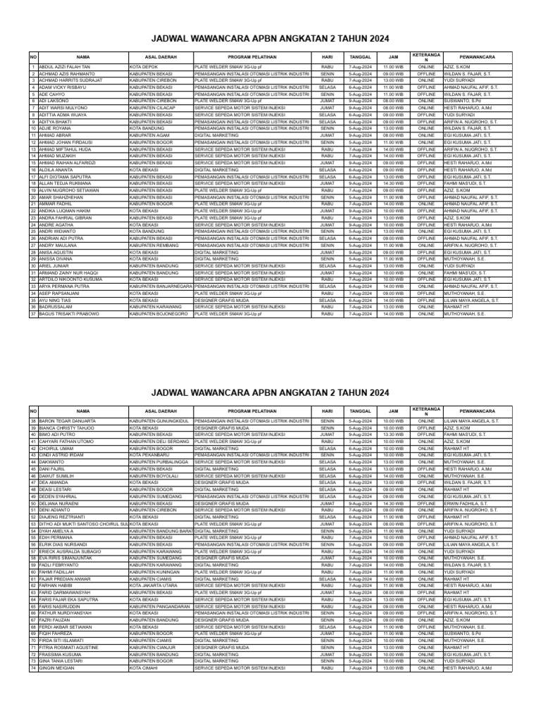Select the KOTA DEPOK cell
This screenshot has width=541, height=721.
144,67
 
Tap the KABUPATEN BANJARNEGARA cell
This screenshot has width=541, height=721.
160,287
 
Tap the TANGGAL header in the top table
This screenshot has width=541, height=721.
360,55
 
